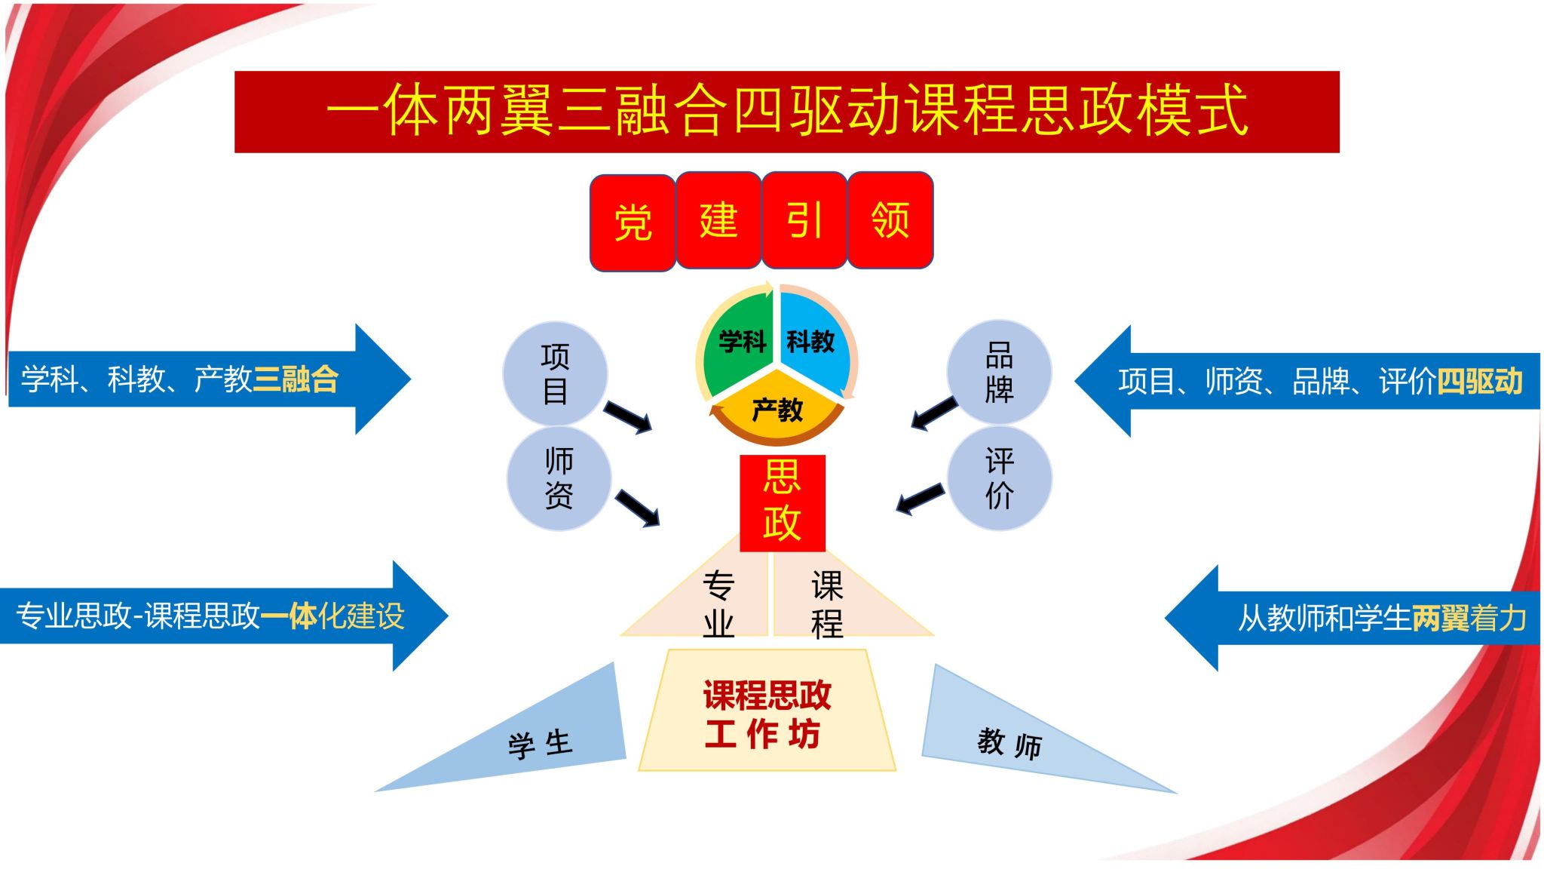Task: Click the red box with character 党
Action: [633, 223]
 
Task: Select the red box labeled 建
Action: [718, 220]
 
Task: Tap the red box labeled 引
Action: [804, 220]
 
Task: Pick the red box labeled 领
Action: [890, 220]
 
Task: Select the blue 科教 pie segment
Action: [813, 339]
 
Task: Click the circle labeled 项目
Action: [555, 373]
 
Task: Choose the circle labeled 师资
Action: [559, 478]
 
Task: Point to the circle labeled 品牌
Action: [999, 371]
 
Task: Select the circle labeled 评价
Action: [999, 478]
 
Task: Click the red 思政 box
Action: [783, 502]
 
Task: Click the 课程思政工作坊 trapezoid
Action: [767, 713]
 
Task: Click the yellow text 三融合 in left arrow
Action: [296, 379]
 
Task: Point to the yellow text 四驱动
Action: [1480, 381]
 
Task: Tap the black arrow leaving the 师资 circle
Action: [638, 508]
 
